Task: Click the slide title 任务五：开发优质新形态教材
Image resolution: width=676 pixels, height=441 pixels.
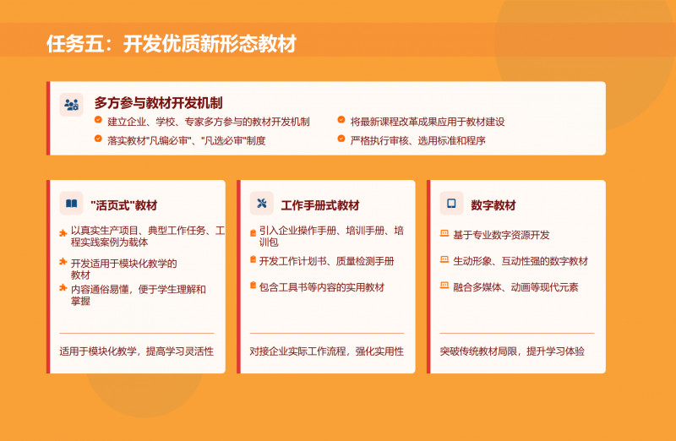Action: (x=172, y=44)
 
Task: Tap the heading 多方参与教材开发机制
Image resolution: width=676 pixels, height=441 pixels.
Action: (x=158, y=103)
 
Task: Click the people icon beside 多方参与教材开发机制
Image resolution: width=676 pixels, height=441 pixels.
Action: (x=71, y=104)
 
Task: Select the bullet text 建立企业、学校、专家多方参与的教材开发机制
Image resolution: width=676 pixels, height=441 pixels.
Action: (x=208, y=122)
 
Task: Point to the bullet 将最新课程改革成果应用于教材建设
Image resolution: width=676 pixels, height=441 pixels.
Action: (x=427, y=122)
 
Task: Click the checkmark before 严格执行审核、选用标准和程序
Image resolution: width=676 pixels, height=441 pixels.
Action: (x=341, y=139)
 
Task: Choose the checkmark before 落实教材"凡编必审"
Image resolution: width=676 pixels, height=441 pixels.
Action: (x=98, y=139)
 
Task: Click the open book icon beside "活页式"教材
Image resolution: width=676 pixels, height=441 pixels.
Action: (x=71, y=204)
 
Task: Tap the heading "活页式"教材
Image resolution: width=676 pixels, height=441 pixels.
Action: (x=123, y=205)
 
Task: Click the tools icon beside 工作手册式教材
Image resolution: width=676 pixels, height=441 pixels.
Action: (x=262, y=204)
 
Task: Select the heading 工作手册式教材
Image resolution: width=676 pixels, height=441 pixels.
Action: (x=320, y=205)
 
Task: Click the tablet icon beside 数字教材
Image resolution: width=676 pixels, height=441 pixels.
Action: (x=451, y=204)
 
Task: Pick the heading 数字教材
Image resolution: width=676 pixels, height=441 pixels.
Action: (x=493, y=205)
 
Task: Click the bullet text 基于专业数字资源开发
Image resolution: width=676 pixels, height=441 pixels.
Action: (x=501, y=235)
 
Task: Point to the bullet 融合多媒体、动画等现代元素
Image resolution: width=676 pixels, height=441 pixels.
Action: (x=515, y=287)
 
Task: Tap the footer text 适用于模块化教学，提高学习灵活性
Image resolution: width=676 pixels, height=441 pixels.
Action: (x=136, y=351)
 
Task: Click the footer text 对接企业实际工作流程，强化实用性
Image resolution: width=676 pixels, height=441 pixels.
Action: (x=326, y=351)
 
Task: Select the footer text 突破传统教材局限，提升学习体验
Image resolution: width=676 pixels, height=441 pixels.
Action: (x=512, y=351)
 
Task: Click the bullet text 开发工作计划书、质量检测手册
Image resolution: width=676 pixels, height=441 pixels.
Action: (x=326, y=261)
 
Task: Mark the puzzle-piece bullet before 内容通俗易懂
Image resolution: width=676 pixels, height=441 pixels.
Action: (x=63, y=288)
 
